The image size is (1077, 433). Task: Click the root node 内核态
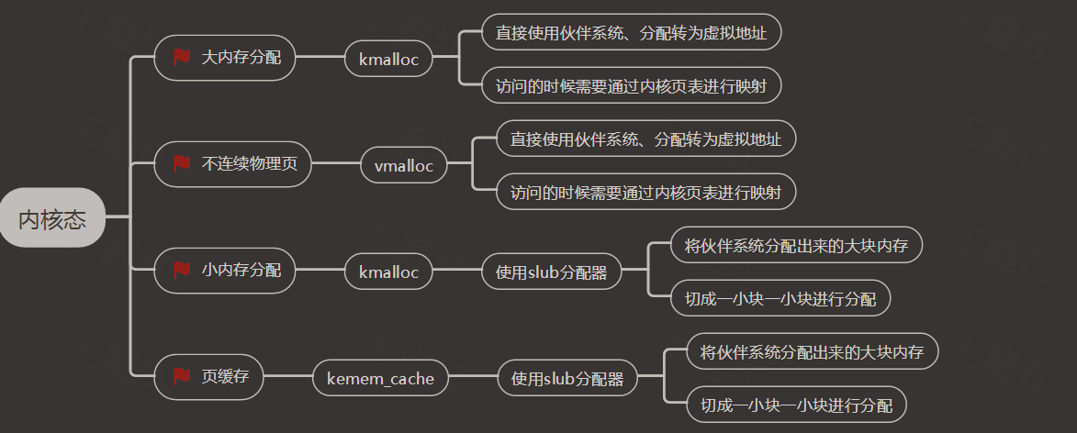pyautogui.click(x=52, y=217)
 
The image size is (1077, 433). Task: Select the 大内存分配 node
pyautogui.click(x=225, y=58)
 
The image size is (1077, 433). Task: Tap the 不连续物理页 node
pyautogui.click(x=233, y=164)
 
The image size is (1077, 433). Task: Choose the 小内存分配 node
pyautogui.click(x=225, y=271)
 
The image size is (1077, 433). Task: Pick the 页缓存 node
pyautogui.click(x=208, y=377)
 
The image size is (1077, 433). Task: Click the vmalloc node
pyautogui.click(x=404, y=166)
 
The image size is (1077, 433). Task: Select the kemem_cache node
pyautogui.click(x=380, y=378)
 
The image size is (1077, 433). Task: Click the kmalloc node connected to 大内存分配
pyautogui.click(x=388, y=59)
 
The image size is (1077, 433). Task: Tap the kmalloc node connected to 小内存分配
pyautogui.click(x=388, y=272)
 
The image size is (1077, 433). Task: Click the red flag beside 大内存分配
pyautogui.click(x=181, y=57)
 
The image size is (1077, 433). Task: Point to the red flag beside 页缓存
pyautogui.click(x=181, y=376)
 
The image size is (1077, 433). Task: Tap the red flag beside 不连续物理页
pyautogui.click(x=181, y=163)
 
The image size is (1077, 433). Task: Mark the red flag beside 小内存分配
pyautogui.click(x=181, y=270)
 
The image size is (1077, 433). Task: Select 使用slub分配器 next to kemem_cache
pyautogui.click(x=567, y=378)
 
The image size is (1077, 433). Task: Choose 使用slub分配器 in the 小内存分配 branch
pyautogui.click(x=552, y=272)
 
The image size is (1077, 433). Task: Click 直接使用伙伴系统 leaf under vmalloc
pyautogui.click(x=645, y=139)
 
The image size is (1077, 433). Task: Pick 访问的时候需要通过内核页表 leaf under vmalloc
pyautogui.click(x=645, y=192)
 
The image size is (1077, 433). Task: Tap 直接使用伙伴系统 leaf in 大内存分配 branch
pyautogui.click(x=631, y=32)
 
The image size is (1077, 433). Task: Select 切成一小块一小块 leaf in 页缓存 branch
pyautogui.click(x=796, y=405)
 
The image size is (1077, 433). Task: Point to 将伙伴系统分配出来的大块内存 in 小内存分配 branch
pyautogui.click(x=796, y=245)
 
